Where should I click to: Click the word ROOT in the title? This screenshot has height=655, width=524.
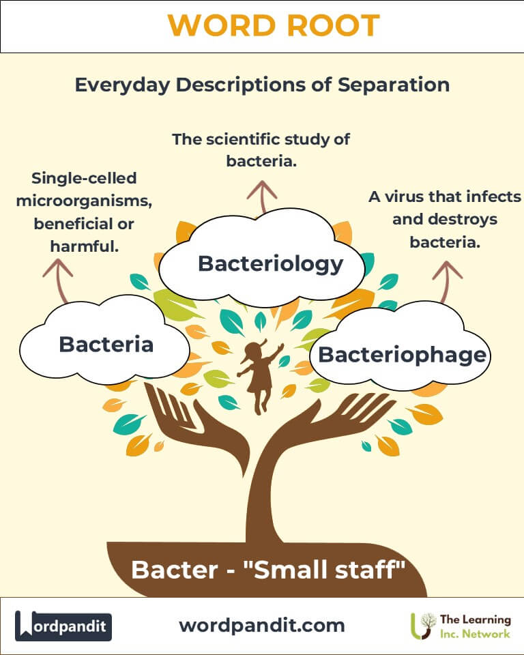(x=334, y=25)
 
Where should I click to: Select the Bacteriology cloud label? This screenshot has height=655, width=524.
(x=270, y=264)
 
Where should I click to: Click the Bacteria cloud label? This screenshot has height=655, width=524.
(x=106, y=344)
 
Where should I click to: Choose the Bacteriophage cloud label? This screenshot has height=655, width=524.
(x=403, y=355)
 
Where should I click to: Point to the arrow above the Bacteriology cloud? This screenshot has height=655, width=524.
(x=262, y=196)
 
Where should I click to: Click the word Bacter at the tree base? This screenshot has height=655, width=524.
(x=174, y=570)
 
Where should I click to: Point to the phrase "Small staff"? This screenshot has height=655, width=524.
(x=324, y=569)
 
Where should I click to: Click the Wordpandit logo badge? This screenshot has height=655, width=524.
(x=63, y=626)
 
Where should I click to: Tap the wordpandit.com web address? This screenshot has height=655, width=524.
(x=262, y=626)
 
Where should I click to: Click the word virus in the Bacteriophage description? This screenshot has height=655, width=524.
(x=405, y=196)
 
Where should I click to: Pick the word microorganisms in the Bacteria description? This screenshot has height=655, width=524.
(x=84, y=201)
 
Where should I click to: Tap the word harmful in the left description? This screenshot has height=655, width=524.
(x=85, y=246)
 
